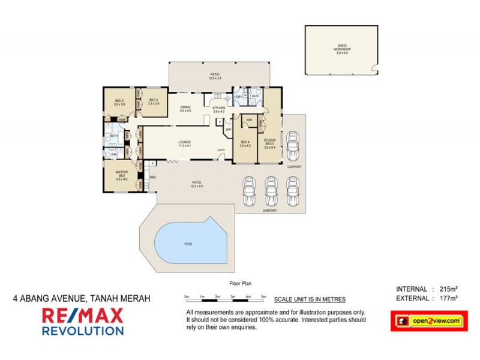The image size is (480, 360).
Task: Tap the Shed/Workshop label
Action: coord(341,50)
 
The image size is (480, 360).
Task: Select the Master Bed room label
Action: coord(122,175)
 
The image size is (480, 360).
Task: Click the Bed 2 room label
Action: coord(119,102)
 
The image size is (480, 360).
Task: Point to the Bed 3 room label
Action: coord(153,101)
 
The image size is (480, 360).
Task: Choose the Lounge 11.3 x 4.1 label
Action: coord(184,144)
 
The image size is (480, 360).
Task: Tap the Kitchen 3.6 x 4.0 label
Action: coord(218,109)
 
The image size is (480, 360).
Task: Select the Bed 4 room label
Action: coord(244,143)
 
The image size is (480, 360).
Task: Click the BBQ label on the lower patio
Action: coord(153,177)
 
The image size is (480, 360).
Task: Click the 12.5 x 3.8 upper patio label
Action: coord(215,77)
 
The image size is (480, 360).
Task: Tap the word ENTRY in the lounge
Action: coord(221,151)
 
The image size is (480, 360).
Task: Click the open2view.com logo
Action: coord(429,321)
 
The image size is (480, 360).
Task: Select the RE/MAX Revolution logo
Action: coord(82,321)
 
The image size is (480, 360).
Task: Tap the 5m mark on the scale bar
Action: coord(263,297)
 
